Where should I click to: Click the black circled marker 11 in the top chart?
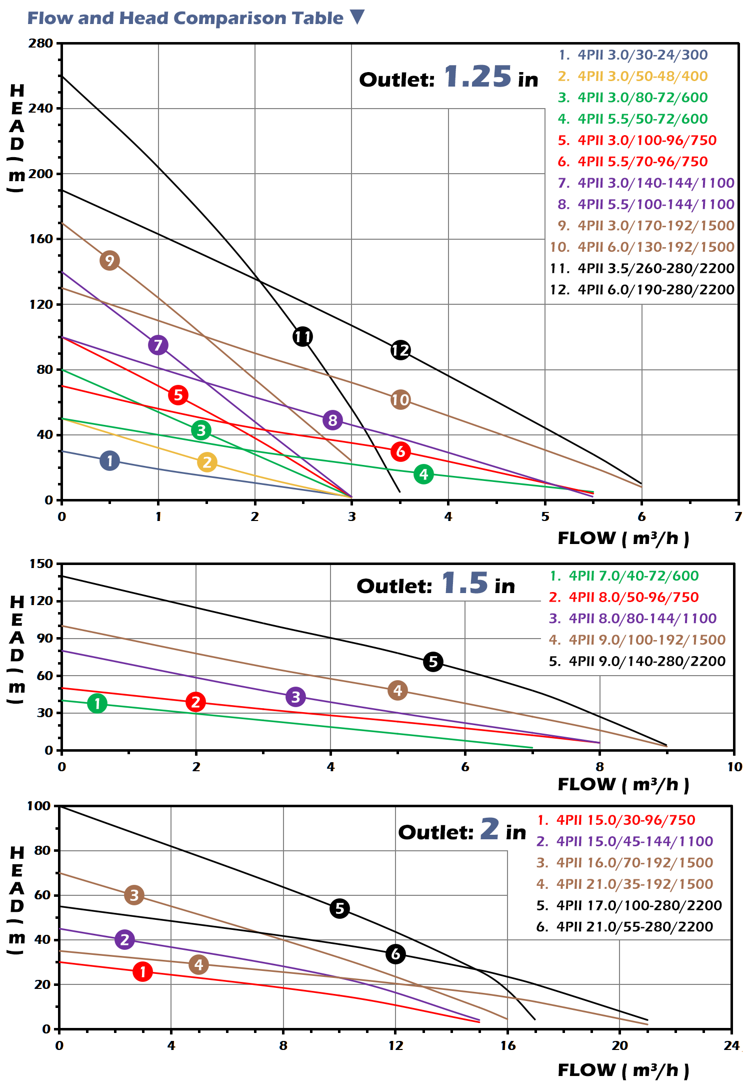coord(302,336)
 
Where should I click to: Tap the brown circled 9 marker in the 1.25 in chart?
coord(109,260)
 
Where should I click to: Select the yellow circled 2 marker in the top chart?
coord(207,462)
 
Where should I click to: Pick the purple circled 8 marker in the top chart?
coord(332,420)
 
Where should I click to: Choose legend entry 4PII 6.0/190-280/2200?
coord(642,290)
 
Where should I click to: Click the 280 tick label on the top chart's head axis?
coord(41,43)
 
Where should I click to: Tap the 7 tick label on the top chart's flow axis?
coord(738,516)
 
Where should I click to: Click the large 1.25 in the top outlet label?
coord(477,77)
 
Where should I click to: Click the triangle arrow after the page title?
coord(357,17)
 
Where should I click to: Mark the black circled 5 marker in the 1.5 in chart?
coord(433,662)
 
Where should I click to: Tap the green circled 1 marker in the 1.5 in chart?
coord(97,703)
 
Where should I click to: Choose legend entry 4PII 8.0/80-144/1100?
coord(633,619)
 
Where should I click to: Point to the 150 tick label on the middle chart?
coord(41,564)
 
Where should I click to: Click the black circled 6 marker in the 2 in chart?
coord(395,954)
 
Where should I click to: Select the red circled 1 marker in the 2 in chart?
coord(142,972)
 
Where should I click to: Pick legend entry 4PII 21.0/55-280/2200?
coord(625,927)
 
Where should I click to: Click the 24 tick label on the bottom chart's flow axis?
coord(731,1045)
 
